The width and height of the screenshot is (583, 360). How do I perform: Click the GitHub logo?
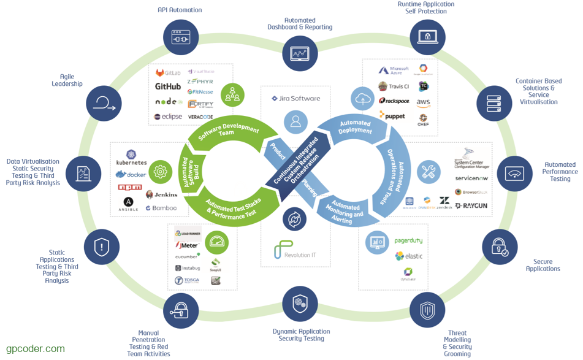coord(167,86)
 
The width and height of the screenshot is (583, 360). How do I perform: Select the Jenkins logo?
coord(162,194)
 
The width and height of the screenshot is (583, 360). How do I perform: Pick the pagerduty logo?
coord(408,241)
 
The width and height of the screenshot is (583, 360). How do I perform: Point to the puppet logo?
coord(392,115)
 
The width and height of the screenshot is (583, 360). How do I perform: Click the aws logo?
coord(423,102)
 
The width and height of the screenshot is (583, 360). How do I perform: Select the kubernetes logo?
coord(131,159)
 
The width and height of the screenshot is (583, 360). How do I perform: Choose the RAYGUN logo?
coord(471,205)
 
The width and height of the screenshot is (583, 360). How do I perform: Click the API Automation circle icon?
coord(181,37)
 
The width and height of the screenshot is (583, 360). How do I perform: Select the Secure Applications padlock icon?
coord(500,247)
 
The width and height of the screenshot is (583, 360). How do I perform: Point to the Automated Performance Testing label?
coord(560,172)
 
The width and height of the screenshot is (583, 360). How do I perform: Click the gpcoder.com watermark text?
coord(36,349)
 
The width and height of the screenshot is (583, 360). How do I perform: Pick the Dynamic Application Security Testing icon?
coord(300,304)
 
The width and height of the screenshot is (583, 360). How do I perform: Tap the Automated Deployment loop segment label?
coord(355,126)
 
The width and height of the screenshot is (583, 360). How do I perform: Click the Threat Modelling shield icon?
coord(427,310)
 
